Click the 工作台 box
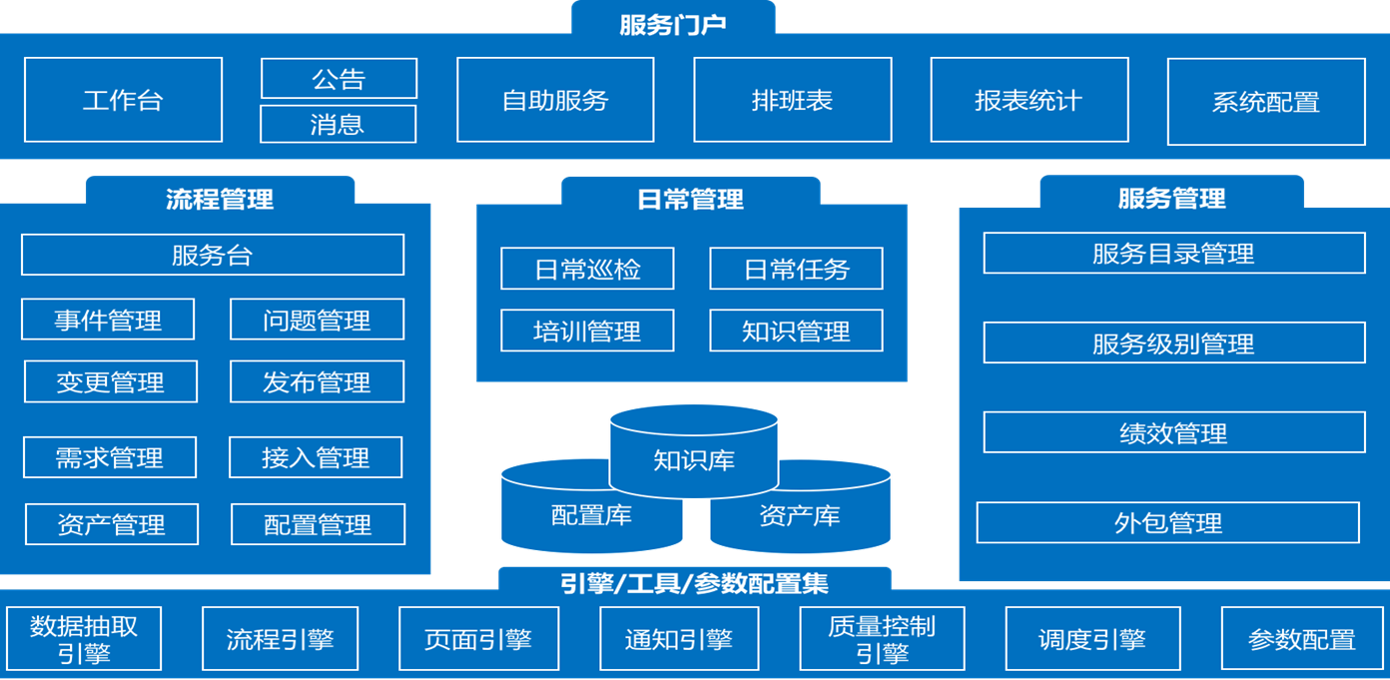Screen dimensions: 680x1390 [123, 100]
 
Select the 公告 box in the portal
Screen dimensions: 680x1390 [339, 79]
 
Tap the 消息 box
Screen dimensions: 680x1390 [338, 125]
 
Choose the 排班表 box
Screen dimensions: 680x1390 [792, 100]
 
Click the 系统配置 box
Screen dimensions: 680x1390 [1265, 102]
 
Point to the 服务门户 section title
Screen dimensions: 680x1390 [673, 22]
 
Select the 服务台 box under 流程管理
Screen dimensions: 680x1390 [213, 255]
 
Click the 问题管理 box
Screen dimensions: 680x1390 [317, 321]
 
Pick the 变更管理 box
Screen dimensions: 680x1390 [110, 382]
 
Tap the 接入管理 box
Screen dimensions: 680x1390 [316, 458]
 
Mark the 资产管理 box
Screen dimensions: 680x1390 [111, 524]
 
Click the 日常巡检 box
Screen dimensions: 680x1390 [587, 269]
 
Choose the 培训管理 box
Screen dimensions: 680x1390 [587, 331]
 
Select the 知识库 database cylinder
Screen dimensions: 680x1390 [694, 460]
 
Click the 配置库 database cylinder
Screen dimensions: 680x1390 [591, 516]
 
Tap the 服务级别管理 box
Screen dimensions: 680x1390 [1173, 343]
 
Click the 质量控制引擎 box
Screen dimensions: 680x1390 [882, 639]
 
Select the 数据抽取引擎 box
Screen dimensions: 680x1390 [84, 639]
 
